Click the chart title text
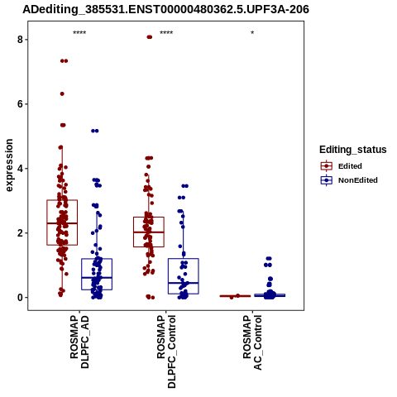click(x=165, y=10)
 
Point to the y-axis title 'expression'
click(x=9, y=165)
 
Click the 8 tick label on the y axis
click(x=20, y=40)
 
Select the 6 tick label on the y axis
click(x=20, y=104)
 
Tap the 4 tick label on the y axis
click(x=20, y=169)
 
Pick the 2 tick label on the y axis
click(x=20, y=233)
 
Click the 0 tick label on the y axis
click(x=20, y=298)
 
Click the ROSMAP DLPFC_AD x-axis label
click(x=79, y=342)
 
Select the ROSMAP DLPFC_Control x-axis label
click(x=166, y=352)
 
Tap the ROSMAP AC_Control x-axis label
click(x=252, y=342)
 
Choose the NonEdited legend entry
click(x=349, y=180)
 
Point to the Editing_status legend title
click(x=353, y=150)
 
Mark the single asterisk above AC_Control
click(x=252, y=33)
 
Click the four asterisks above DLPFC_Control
click(x=166, y=33)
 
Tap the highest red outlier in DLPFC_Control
click(x=149, y=37)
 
